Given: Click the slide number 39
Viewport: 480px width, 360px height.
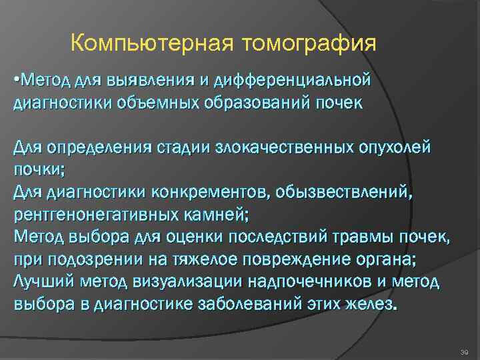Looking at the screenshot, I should point(464,351).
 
